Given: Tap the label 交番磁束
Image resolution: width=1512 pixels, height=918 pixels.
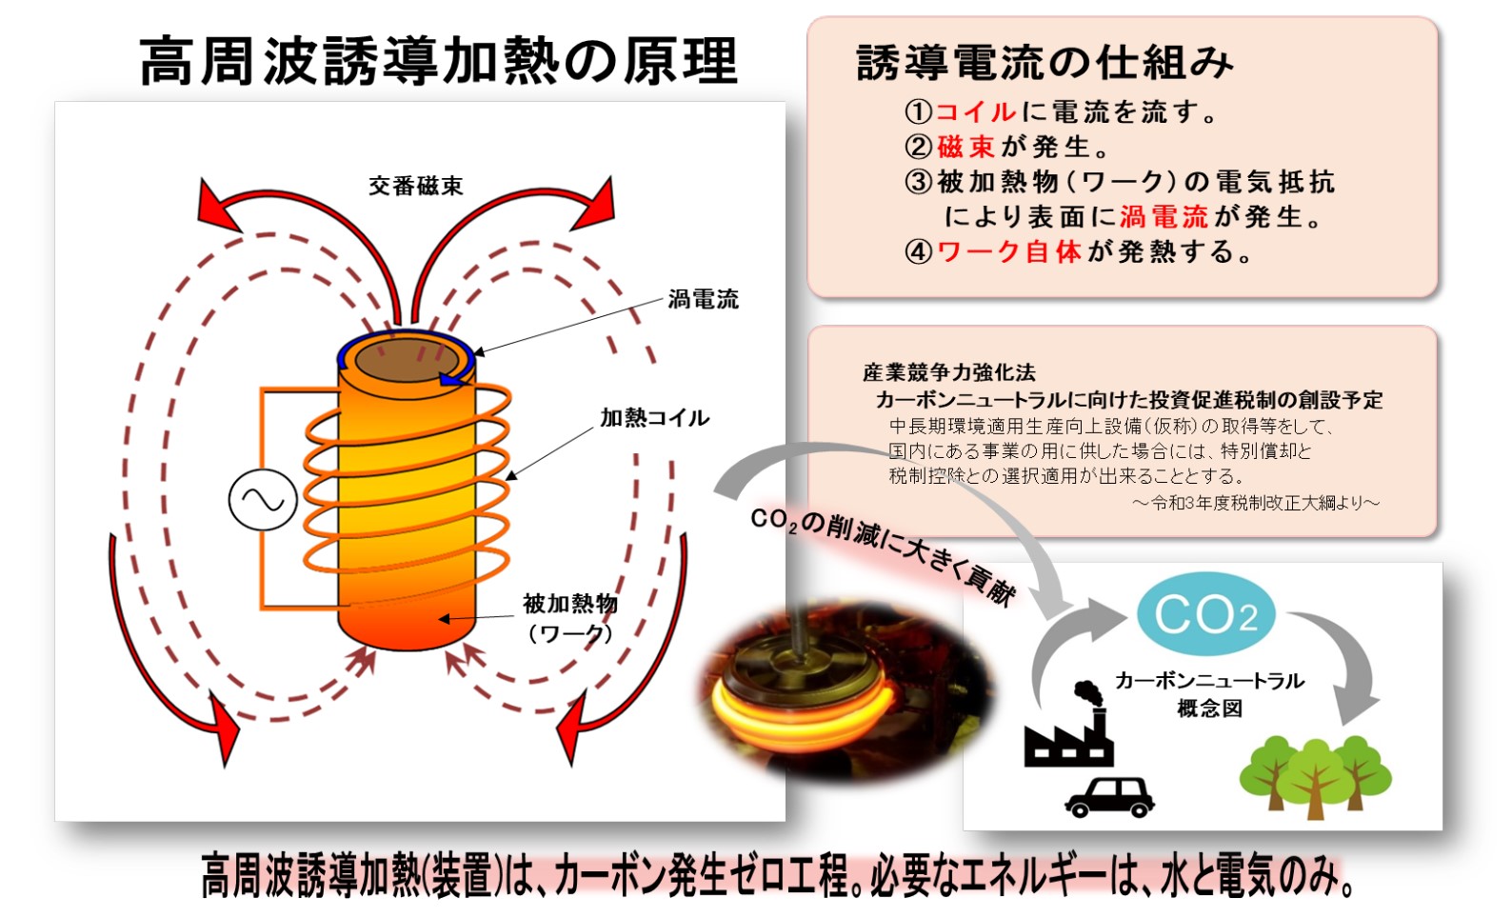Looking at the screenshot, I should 416,186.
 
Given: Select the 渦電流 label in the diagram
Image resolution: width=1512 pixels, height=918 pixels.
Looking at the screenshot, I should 703,299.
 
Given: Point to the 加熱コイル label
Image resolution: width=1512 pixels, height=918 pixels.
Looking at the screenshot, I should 654,417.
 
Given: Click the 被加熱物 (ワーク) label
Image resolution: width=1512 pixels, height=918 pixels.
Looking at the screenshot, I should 569,617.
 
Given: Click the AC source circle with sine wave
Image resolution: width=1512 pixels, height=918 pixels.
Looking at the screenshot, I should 263,500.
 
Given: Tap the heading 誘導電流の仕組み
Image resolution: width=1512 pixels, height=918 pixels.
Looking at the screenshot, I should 1044,63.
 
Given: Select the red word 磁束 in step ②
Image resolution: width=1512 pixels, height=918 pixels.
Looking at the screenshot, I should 965,147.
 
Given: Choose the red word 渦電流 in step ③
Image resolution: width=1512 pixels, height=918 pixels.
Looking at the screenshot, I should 1164,217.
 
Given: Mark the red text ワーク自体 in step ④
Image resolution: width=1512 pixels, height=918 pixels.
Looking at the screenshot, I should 1008,251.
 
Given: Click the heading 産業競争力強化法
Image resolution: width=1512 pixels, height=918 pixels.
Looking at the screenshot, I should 948,372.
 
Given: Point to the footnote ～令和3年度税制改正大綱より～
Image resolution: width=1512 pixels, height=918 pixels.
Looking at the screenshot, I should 1255,502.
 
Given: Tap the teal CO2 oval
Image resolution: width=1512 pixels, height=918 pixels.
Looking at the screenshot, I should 1205,614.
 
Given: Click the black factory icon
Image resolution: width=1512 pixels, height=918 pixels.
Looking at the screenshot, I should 1069,728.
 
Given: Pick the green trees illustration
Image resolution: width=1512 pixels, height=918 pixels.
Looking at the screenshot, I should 1314,771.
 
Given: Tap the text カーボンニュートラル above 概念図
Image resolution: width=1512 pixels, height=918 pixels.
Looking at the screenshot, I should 1209,680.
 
